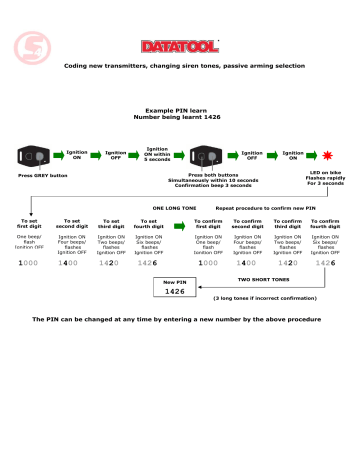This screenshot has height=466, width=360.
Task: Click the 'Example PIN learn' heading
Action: (x=180, y=109)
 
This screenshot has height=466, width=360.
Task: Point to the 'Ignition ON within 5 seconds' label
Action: (x=157, y=155)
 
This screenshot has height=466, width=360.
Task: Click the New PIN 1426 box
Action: (x=174, y=290)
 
